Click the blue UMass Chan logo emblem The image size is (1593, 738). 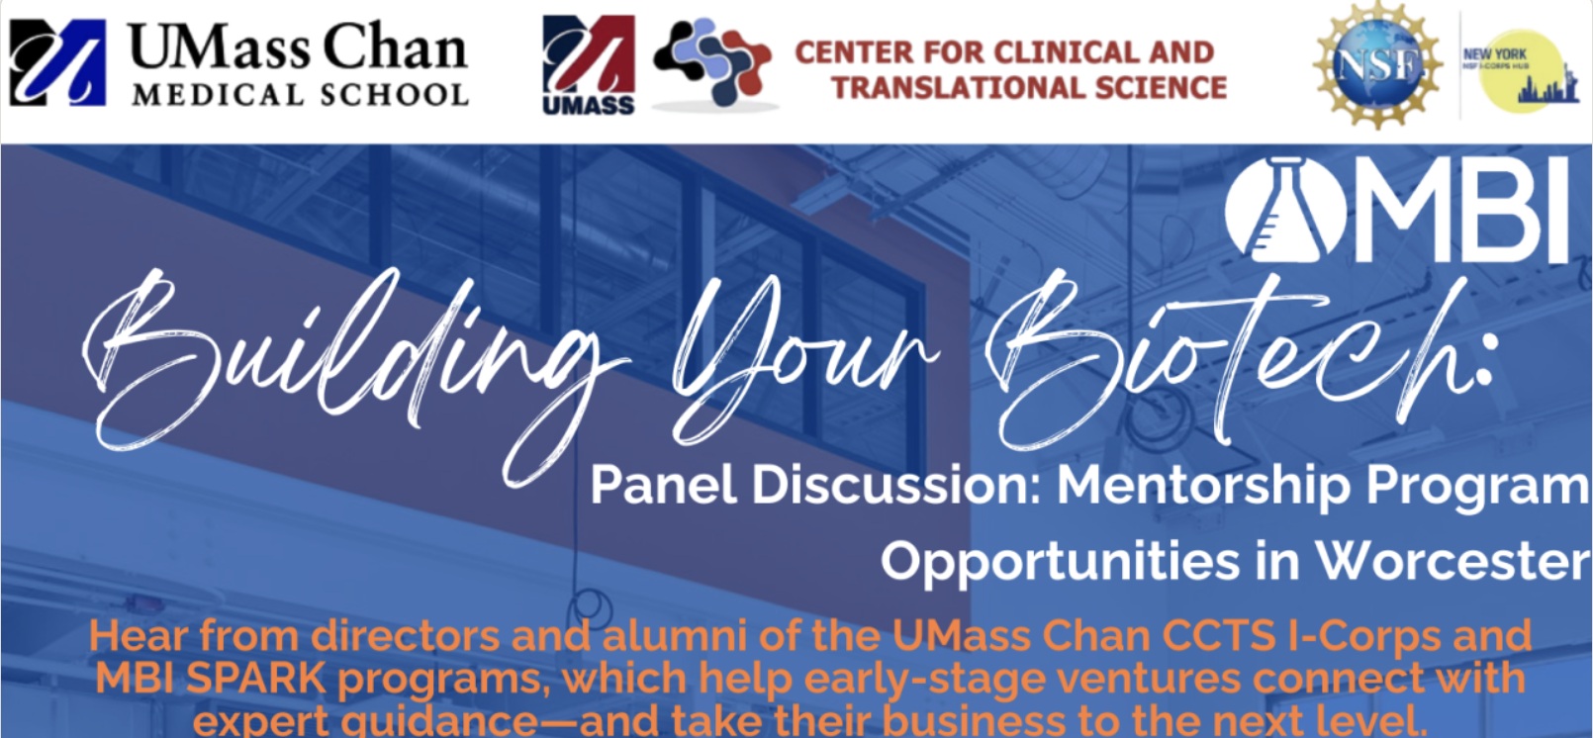[x=56, y=62]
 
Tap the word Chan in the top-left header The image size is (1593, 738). [x=395, y=47]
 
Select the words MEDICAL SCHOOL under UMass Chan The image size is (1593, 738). [x=300, y=95]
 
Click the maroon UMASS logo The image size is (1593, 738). [x=589, y=64]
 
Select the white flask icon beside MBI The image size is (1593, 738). [x=1284, y=210]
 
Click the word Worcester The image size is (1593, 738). [x=1452, y=561]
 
